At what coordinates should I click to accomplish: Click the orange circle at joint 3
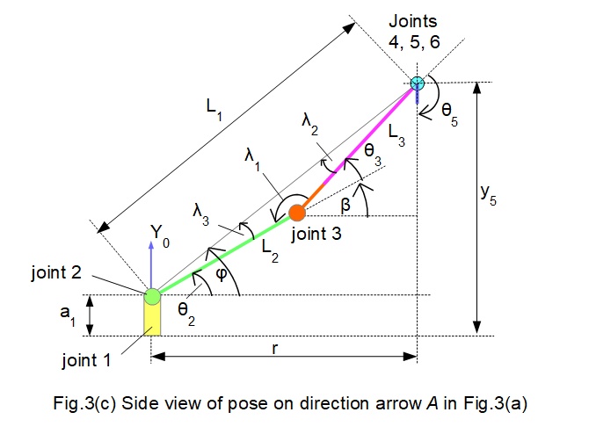click(x=297, y=212)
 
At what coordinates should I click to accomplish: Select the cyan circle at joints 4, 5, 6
click(x=417, y=83)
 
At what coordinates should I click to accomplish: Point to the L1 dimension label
click(x=214, y=106)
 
